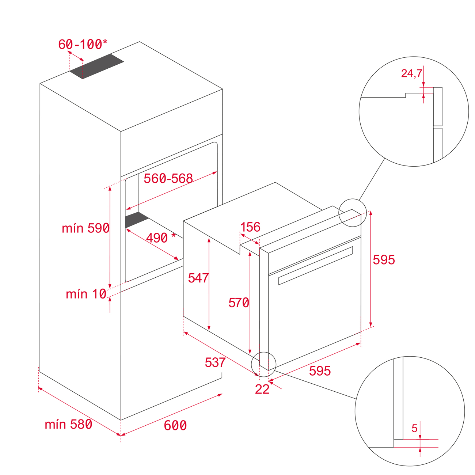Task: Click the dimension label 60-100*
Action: pos(83,44)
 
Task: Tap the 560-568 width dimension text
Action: pos(168,178)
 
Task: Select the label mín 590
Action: pos(86,228)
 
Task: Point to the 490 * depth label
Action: pos(160,238)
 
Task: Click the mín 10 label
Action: pos(86,294)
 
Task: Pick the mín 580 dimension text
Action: pos(68,424)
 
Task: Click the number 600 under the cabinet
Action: pos(175,425)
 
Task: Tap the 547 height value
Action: pos(198,278)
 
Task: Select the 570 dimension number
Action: pos(239,303)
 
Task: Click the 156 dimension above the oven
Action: pos(250,227)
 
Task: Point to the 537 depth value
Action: pos(215,362)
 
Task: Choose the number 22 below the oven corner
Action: pos(262,389)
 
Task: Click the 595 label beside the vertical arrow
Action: pos(384,260)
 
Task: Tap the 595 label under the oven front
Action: pos(320,371)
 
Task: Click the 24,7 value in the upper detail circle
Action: pos(411,73)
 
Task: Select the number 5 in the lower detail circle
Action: pos(414,428)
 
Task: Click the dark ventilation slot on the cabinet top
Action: pos(97,66)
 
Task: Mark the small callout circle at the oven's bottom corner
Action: pos(264,364)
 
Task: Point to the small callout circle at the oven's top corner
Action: pos(352,213)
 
